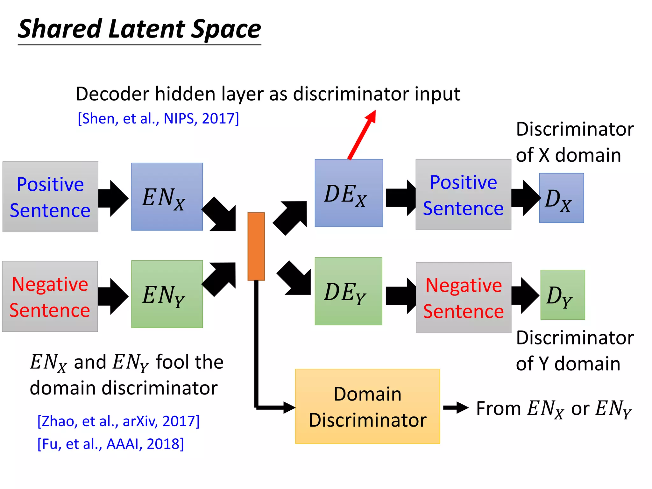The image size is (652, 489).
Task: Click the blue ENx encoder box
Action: coord(167,196)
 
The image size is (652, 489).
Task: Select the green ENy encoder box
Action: coord(167,294)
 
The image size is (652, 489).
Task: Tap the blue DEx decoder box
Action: coord(349,193)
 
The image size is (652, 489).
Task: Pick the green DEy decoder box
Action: coord(348,291)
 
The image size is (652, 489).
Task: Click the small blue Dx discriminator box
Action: coord(561,198)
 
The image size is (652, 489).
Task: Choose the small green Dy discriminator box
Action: coord(563,295)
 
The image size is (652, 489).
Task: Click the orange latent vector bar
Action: coord(256,246)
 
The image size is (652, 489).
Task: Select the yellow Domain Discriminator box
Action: coord(367,406)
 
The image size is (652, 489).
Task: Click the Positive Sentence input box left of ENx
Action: coord(50,197)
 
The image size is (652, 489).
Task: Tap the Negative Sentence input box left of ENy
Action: coord(50,296)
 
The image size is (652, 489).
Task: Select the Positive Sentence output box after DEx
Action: coord(463,195)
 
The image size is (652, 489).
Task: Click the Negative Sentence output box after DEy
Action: coord(464,297)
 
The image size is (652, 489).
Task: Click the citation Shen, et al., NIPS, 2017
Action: coord(158,118)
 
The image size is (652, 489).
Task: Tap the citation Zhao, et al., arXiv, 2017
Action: coord(118,421)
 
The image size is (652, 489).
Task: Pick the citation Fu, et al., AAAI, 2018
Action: coord(110,444)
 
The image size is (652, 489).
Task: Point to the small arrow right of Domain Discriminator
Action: coord(456,407)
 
